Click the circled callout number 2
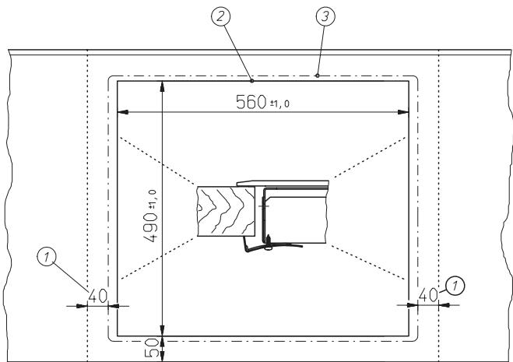[221, 16]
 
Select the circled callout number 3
[325, 16]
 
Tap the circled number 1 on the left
[47, 256]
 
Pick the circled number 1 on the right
[455, 286]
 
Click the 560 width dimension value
[251, 102]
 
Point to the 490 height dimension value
[151, 227]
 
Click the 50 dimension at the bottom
[152, 348]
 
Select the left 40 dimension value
[98, 296]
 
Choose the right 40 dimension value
[428, 294]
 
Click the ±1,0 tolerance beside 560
[279, 104]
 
